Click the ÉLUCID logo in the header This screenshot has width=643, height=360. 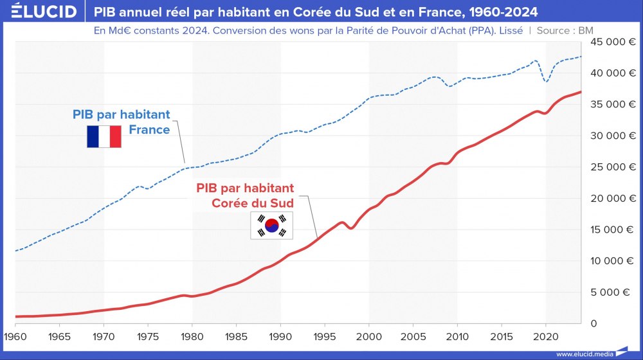39,12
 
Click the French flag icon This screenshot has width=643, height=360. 104,137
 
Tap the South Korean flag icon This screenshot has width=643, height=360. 271,225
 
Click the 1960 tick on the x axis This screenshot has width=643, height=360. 15,336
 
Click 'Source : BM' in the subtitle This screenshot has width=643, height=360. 564,30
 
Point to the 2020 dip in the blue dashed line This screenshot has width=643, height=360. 546,82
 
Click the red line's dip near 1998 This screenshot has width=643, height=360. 351,228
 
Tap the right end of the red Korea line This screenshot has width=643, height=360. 581,92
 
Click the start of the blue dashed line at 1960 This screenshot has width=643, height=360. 15,251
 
